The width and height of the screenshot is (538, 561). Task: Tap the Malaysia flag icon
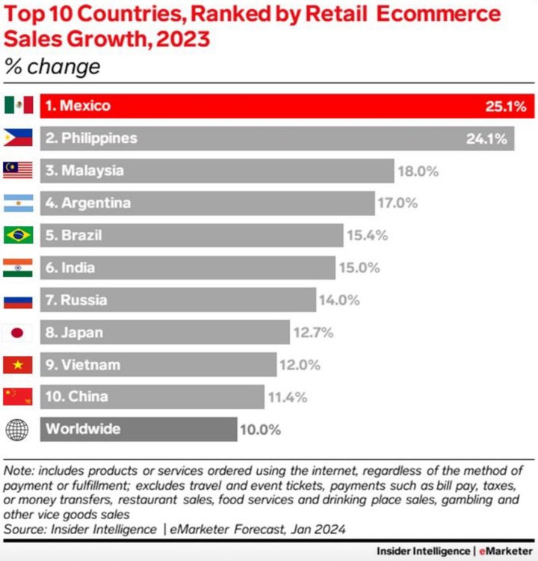point(18,171)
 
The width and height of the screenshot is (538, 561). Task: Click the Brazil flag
point(18,235)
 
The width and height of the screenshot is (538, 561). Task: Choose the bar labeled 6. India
point(187,268)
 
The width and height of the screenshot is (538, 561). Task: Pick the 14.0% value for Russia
point(339,300)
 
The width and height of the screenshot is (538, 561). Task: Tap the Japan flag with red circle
point(18,332)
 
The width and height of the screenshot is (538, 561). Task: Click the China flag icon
point(18,396)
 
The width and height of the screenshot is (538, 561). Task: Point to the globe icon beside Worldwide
point(17,429)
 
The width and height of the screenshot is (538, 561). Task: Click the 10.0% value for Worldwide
point(260,429)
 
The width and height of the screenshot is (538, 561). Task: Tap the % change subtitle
point(52,67)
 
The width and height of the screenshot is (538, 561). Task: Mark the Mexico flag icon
point(18,105)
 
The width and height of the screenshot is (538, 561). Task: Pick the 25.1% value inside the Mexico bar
point(506,106)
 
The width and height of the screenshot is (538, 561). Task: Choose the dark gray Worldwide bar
point(138,429)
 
